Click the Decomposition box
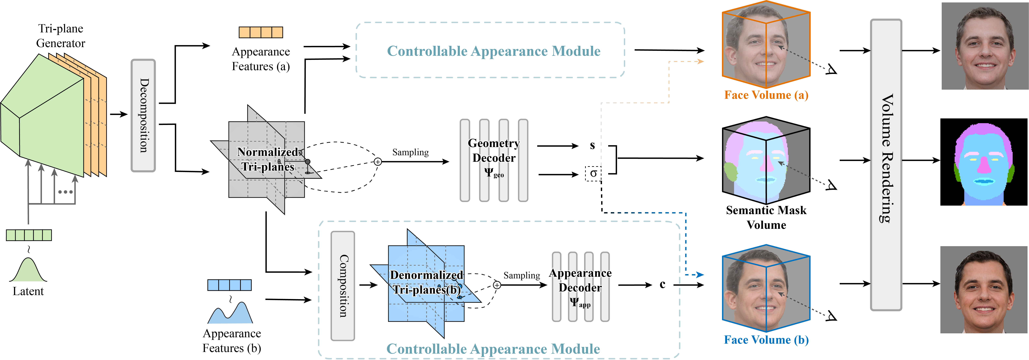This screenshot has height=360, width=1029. point(143,115)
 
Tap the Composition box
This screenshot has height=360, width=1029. point(342,286)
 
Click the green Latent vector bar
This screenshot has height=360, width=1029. point(29,235)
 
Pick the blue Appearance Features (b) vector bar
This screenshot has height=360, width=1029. point(229,285)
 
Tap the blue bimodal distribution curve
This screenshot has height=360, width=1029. point(231,314)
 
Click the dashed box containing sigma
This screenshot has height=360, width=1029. point(593,173)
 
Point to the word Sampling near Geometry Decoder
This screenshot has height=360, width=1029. point(410,152)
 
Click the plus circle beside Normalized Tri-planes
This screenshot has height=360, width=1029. point(377,162)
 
